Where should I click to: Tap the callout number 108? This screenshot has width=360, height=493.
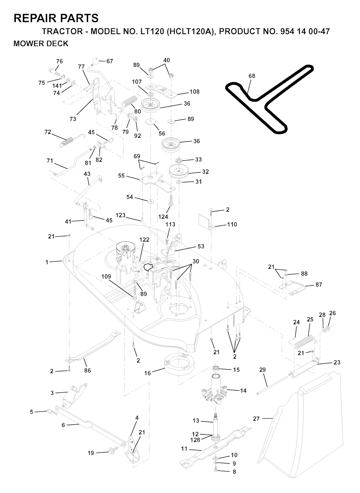194,92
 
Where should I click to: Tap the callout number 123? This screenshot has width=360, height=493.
121,215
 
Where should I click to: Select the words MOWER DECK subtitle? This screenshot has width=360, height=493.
41,44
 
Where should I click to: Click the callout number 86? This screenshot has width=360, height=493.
87,370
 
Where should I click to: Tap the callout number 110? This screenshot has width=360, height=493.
232,224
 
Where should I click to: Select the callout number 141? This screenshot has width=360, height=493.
57,86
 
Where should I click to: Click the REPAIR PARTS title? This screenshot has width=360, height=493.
56,18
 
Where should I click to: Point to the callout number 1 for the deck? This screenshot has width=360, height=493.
47,262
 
